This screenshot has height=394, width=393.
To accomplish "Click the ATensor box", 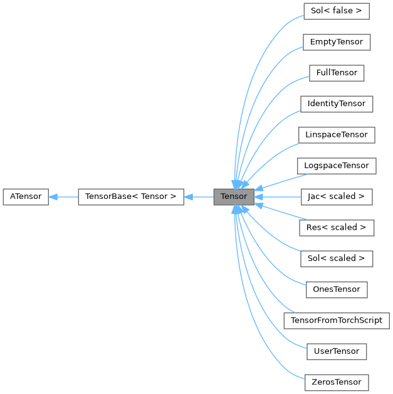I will pos(26,196).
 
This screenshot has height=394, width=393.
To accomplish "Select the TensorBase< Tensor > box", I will pos(130,196).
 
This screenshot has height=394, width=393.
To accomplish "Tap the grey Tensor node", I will pos(234,196).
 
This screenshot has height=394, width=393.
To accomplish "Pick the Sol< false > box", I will pos(336,11).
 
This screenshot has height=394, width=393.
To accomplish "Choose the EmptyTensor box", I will pos(336,42).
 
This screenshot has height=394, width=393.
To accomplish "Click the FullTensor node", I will pos(337,73).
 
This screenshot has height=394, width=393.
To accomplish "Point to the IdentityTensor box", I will pos(337,104).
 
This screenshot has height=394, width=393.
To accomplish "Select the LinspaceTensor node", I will pos(337,135).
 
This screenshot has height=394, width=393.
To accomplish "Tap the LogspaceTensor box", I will pos(337,166).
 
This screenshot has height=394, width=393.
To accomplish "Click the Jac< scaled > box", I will pos(337,196).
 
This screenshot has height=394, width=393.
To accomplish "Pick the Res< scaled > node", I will pos(337,227).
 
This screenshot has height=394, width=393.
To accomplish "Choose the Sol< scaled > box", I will pos(337,258).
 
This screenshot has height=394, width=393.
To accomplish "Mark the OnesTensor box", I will pos(337,289).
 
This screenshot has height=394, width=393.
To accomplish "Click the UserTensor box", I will pos(337,351).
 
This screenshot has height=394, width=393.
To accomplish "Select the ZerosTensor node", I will pos(337,381).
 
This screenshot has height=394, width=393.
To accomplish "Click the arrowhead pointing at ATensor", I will pos(53,196).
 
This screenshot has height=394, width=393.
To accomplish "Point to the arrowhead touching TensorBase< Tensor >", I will pos(189,196).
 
